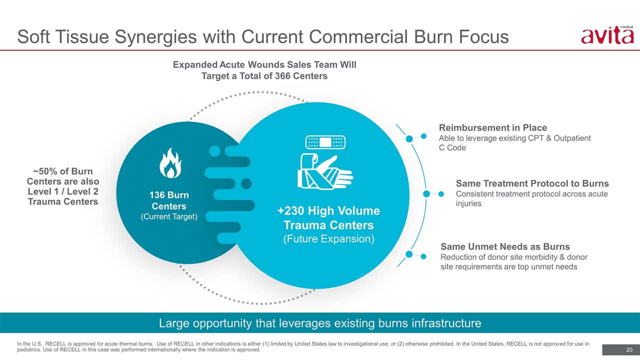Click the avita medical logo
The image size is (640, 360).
607,35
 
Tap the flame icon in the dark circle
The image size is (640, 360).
170,163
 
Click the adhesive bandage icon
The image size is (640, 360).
325,142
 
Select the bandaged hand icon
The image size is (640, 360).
325,171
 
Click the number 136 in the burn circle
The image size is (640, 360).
157,195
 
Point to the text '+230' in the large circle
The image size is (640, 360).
290,211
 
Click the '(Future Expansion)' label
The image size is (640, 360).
329,239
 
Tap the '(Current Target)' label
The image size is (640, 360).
169,216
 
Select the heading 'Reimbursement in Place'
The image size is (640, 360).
493,127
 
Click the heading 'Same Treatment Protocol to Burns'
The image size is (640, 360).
532,183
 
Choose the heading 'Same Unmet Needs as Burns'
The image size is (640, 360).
505,246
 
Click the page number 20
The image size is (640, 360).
629,349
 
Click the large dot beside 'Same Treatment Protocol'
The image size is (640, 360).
426,194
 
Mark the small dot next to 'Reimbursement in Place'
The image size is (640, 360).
423,136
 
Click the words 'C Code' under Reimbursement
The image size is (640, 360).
452,147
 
